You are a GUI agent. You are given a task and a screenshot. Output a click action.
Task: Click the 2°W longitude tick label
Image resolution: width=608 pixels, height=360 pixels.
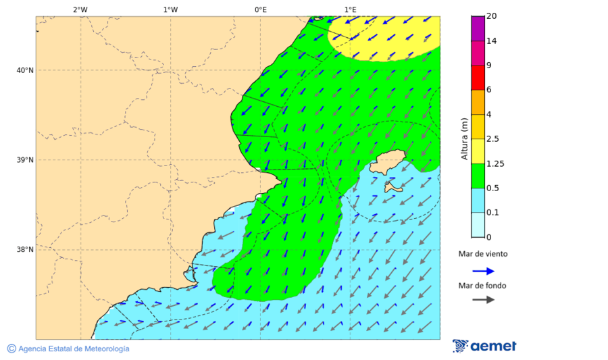click(80, 9)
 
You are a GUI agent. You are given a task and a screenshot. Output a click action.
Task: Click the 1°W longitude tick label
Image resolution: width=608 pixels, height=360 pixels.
click(170, 9)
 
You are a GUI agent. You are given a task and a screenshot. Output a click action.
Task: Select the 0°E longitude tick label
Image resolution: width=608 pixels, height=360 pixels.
click(260, 9)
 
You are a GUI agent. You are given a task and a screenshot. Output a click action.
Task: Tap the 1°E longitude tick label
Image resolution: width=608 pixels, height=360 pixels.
click(350, 9)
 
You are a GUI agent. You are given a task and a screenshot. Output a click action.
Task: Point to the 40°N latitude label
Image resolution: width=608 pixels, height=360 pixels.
click(25, 70)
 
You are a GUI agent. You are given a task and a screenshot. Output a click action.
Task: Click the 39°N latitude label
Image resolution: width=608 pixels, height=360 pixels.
click(25, 160)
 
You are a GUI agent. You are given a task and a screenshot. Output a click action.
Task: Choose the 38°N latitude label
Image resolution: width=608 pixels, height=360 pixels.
click(25, 250)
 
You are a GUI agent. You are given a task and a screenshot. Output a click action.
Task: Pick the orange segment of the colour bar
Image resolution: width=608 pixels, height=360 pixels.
click(478, 102)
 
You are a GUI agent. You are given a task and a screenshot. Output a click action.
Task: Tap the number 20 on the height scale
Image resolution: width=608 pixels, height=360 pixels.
click(492, 16)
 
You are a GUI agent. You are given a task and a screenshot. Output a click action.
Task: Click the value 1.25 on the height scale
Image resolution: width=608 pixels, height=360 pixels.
click(496, 163)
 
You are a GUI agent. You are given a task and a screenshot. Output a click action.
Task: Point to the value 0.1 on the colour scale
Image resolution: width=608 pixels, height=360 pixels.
click(492, 213)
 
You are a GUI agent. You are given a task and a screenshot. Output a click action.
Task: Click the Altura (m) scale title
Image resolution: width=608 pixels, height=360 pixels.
click(464, 138)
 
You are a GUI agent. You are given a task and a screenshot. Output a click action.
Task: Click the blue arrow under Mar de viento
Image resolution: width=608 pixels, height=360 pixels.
click(483, 271)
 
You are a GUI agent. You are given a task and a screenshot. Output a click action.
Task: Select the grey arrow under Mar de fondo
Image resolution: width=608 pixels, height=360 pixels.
click(483, 300)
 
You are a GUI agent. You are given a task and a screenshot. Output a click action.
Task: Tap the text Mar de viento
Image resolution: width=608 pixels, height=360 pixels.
click(482, 255)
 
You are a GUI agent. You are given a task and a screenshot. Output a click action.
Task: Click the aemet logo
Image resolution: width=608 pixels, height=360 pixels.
click(484, 346)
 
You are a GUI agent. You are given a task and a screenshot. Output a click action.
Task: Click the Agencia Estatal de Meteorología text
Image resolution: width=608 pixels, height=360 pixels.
click(73, 349)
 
